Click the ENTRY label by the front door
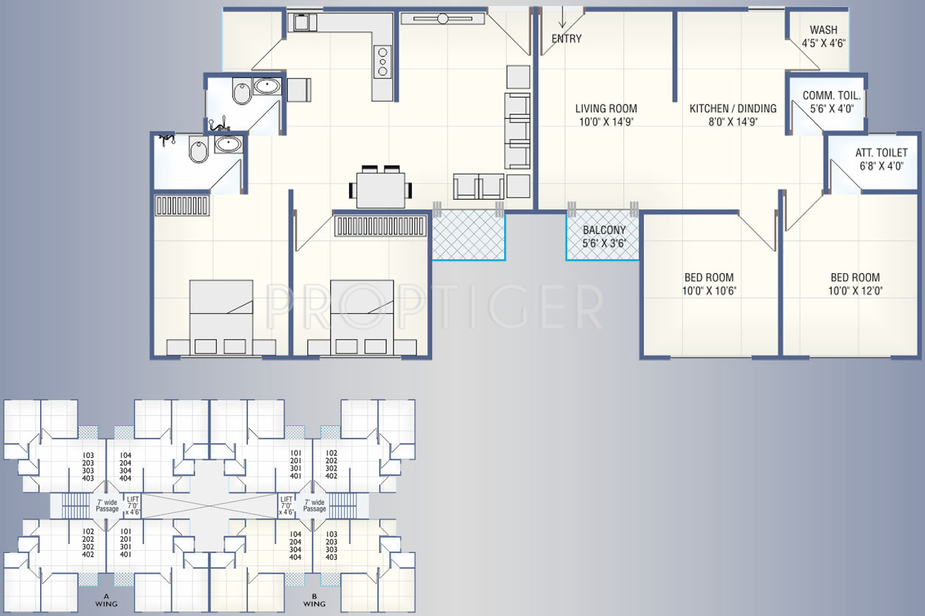(x=566, y=39)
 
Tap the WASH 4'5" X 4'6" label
(x=823, y=36)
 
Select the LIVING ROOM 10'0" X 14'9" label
(x=606, y=115)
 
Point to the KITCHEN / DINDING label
(x=733, y=108)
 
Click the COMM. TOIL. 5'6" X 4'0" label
(x=831, y=102)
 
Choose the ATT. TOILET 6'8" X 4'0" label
(x=881, y=159)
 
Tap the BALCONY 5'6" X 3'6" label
(x=604, y=237)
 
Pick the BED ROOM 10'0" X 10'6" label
(x=709, y=284)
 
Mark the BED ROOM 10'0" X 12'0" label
(x=855, y=284)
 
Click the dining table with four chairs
(x=380, y=188)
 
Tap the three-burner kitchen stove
(x=382, y=62)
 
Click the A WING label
(x=106, y=600)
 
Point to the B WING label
(x=314, y=600)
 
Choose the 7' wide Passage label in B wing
(x=315, y=505)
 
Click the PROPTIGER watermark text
(x=434, y=307)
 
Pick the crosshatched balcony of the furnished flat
(x=468, y=235)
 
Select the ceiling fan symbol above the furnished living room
(x=442, y=19)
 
